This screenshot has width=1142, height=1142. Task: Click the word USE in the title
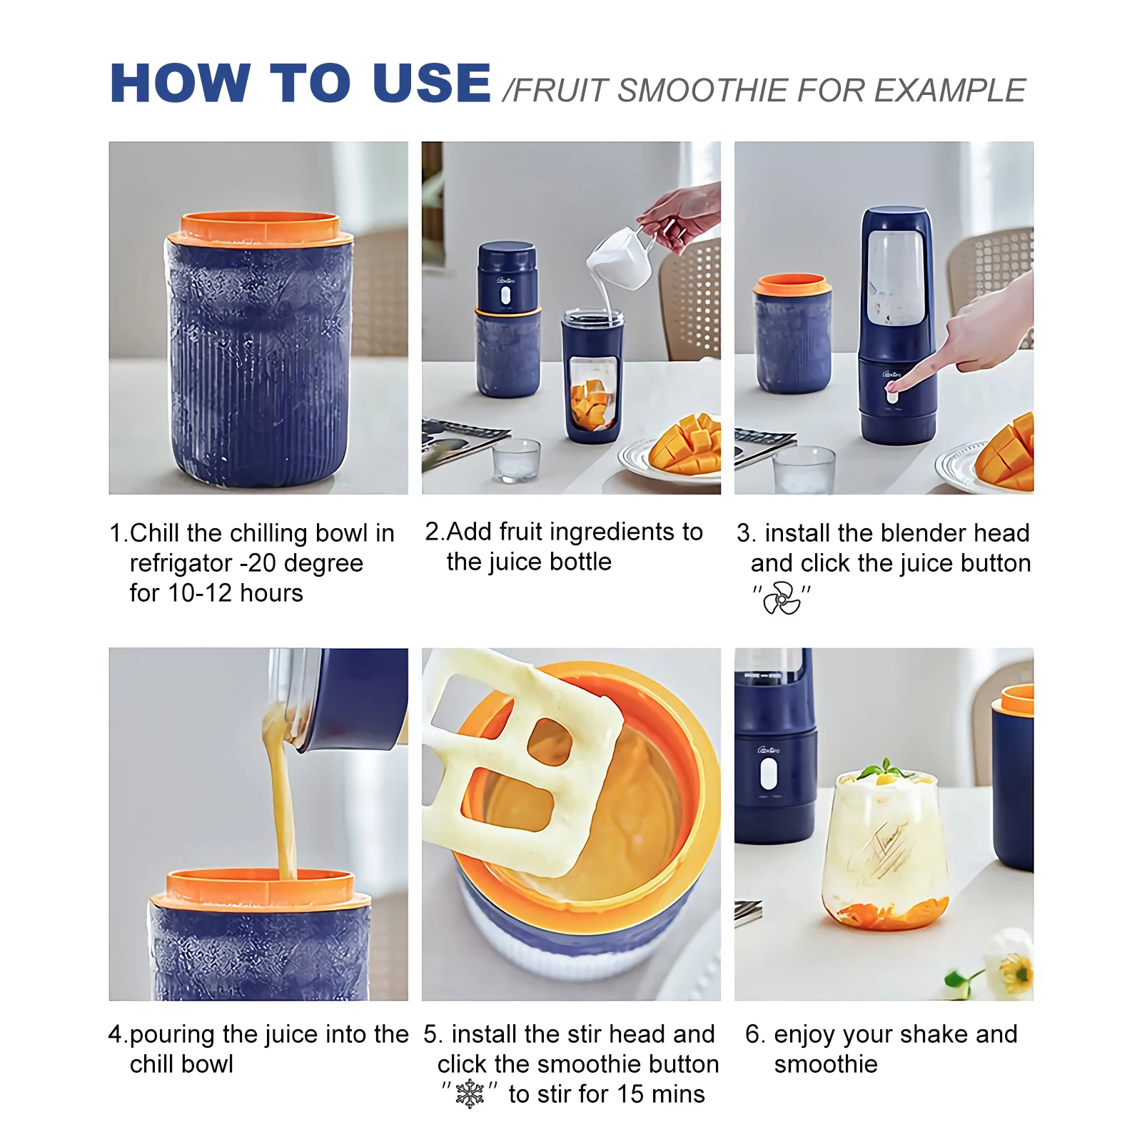tap(432, 83)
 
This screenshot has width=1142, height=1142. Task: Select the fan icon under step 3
tap(782, 598)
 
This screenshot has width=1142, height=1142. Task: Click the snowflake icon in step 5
tap(470, 1093)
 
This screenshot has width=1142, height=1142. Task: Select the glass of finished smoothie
tap(885, 849)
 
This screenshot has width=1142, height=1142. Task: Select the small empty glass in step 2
tap(516, 460)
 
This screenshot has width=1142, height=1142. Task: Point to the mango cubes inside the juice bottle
tap(592, 405)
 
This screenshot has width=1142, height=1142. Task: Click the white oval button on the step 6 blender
tap(769, 774)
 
